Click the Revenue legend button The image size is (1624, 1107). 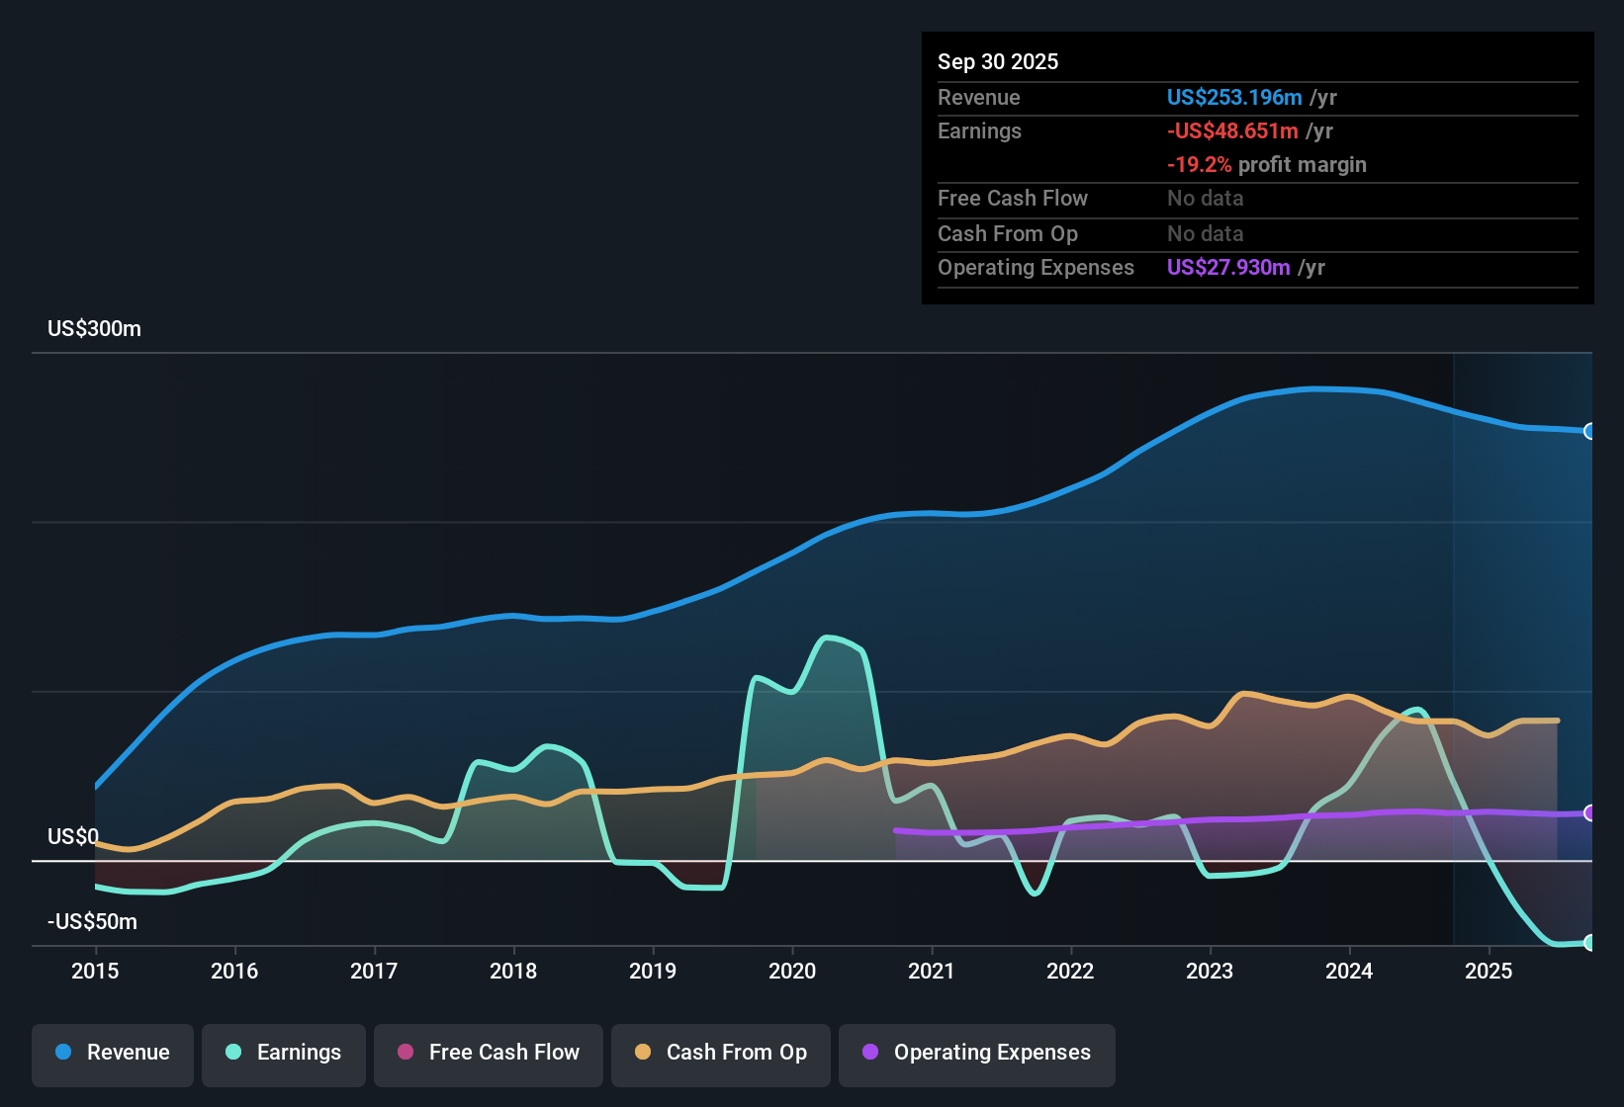(x=113, y=1053)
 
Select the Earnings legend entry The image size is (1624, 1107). (x=284, y=1053)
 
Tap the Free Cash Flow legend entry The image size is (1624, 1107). (x=489, y=1053)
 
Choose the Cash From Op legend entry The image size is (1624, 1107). (x=721, y=1053)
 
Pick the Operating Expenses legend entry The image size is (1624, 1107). (x=977, y=1053)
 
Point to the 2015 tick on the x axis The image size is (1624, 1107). (x=95, y=971)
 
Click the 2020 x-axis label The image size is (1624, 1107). (x=792, y=971)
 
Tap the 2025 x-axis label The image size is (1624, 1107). (x=1489, y=971)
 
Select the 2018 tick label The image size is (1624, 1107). (x=513, y=971)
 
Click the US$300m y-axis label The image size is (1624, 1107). (x=94, y=329)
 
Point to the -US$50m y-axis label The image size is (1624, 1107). (x=92, y=922)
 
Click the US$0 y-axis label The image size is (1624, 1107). (x=73, y=837)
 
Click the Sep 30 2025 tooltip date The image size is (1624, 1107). (x=998, y=62)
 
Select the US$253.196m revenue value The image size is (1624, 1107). (x=1234, y=98)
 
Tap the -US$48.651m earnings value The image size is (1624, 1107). (x=1232, y=131)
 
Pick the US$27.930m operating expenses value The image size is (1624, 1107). (x=1228, y=268)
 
